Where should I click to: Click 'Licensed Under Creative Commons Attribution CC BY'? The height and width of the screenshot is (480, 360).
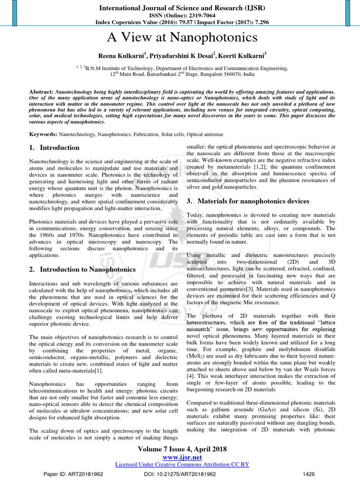click(181, 464)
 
